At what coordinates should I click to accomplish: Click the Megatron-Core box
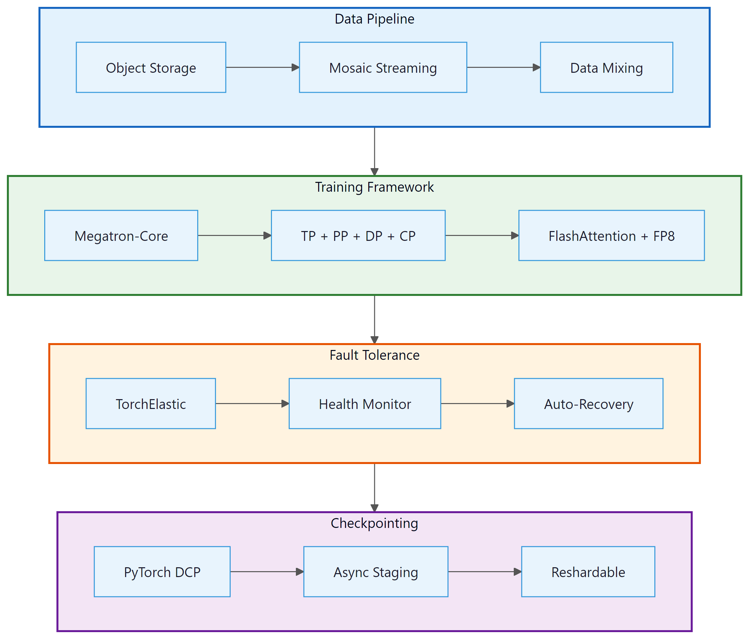point(121,235)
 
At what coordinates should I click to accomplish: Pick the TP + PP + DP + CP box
point(358,235)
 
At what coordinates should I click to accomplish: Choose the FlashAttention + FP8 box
point(611,235)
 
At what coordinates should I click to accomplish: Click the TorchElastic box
point(151,403)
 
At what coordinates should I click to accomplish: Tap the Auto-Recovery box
point(588,403)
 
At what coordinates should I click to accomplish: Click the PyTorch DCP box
point(162,572)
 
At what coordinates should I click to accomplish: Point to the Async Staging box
point(375,572)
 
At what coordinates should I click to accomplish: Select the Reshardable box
point(588,572)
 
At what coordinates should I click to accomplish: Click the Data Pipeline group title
point(374,19)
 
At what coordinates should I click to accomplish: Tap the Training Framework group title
point(374,187)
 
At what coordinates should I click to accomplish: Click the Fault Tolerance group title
point(374,355)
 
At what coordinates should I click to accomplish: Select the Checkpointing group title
point(374,523)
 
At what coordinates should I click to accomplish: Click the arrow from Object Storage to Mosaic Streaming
point(262,67)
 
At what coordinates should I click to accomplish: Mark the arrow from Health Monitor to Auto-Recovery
point(477,403)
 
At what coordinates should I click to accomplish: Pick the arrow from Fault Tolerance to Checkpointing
point(374,487)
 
